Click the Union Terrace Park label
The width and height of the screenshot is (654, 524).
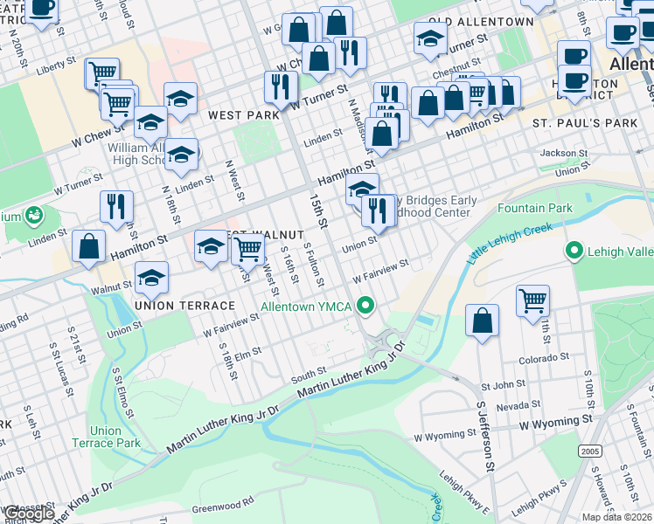point(115,437)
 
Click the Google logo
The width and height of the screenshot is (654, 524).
point(28,514)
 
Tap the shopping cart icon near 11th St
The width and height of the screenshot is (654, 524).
point(532,300)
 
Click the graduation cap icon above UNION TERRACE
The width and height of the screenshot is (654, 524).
point(151,279)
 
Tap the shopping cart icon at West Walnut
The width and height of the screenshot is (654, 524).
point(248,249)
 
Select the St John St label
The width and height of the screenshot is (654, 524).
point(504,384)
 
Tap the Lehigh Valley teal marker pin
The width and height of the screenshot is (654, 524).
point(574,252)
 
